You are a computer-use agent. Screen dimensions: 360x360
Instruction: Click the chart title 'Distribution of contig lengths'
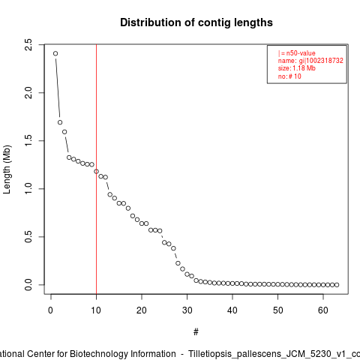pyautogui.click(x=196, y=22)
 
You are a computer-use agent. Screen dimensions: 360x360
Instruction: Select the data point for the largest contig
pyautogui.click(x=55, y=53)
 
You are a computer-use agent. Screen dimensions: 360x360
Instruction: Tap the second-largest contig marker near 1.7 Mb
pyautogui.click(x=60, y=122)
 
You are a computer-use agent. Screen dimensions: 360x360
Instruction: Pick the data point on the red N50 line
pyautogui.click(x=96, y=171)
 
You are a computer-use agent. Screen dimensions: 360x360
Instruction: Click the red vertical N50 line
pyautogui.click(x=96, y=169)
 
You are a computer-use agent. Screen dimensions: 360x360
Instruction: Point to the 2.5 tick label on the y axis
pyautogui.click(x=28, y=45)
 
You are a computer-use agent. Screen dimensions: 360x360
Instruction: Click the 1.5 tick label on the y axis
pyautogui.click(x=28, y=141)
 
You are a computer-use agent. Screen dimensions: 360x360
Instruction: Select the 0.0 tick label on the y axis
pyautogui.click(x=28, y=285)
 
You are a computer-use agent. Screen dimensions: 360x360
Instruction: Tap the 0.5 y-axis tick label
pyautogui.click(x=28, y=237)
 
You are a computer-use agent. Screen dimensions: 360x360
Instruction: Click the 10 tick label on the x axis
pyautogui.click(x=96, y=310)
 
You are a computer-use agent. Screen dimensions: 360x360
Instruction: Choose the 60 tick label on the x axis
pyautogui.click(x=323, y=310)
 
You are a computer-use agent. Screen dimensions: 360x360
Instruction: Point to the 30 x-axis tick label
pyautogui.click(x=187, y=310)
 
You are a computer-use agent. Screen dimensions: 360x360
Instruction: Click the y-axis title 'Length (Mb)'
pyautogui.click(x=7, y=169)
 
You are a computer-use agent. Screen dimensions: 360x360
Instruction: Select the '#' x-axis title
pyautogui.click(x=196, y=332)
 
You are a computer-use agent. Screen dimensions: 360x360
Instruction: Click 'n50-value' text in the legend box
pyautogui.click(x=301, y=53)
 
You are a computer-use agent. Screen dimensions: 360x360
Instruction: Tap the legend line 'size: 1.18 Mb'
pyautogui.click(x=297, y=68)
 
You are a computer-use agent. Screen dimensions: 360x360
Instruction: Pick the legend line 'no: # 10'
pyautogui.click(x=289, y=76)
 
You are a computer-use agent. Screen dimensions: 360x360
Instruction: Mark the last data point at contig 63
pyautogui.click(x=337, y=285)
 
